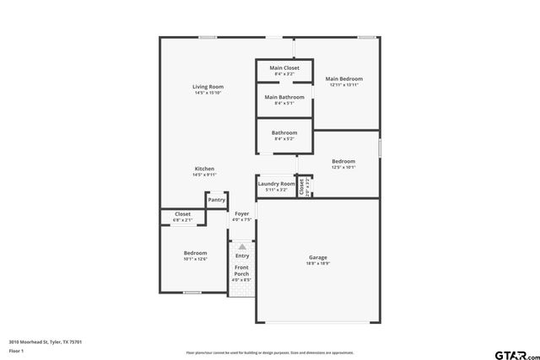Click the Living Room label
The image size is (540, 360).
208,86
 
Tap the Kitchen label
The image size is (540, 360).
205,169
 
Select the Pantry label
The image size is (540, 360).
217,200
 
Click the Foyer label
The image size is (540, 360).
242,214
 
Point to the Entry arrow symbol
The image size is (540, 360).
242,247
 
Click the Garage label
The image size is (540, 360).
318,257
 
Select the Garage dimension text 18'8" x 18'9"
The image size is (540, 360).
318,263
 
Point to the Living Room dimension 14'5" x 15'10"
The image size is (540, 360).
208,93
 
